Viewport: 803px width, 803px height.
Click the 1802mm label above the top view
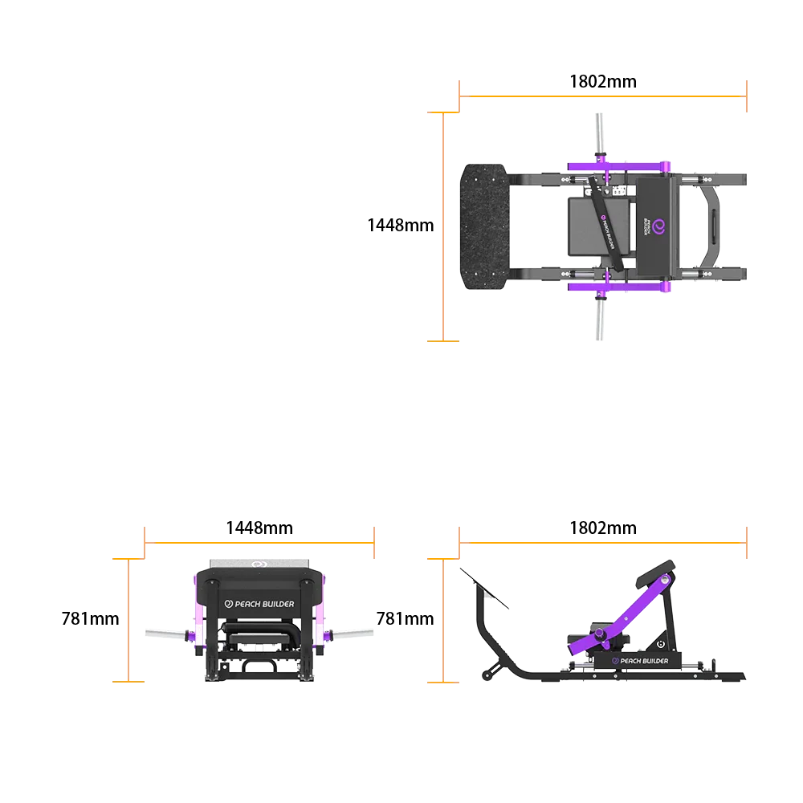(603, 82)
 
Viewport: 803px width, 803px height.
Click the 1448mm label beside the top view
(401, 226)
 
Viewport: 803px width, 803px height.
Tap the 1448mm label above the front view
(259, 528)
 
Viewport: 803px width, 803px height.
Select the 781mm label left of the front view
(90, 618)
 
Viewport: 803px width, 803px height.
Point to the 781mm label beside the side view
(405, 618)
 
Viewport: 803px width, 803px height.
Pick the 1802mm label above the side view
(603, 528)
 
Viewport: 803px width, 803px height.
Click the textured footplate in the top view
(484, 226)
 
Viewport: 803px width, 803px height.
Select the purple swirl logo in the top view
(658, 227)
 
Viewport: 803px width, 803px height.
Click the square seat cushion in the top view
(599, 226)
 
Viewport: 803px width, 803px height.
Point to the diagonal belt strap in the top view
(605, 223)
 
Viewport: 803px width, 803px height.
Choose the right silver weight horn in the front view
(353, 634)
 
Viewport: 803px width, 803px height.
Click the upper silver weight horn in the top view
(599, 133)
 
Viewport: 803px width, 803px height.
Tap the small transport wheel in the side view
(487, 676)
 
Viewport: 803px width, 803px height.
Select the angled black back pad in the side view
(655, 573)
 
